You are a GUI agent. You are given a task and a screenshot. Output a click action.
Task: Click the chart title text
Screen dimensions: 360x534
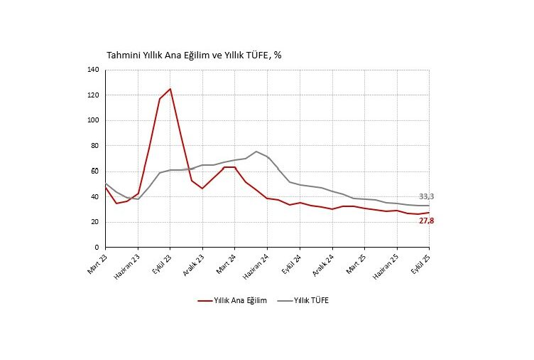pyautogui.click(x=194, y=55)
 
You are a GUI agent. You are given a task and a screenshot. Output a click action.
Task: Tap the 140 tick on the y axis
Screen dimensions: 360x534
pyautogui.click(x=93, y=70)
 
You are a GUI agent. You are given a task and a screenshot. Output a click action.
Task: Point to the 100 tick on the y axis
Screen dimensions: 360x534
pyautogui.click(x=93, y=120)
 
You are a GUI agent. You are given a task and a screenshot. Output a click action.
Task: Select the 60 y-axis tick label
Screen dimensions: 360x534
pyautogui.click(x=95, y=171)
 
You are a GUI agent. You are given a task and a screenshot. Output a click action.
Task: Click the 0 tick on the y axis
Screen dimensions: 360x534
pyautogui.click(x=97, y=248)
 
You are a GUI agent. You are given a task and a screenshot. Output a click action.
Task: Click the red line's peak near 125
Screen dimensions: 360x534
pyautogui.click(x=170, y=89)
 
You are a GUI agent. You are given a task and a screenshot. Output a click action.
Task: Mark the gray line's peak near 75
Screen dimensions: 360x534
pyautogui.click(x=256, y=152)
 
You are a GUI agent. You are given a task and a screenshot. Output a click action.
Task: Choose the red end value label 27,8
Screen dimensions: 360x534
pyautogui.click(x=427, y=221)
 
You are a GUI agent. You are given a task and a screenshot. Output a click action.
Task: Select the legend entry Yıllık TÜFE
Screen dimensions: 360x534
pyautogui.click(x=311, y=301)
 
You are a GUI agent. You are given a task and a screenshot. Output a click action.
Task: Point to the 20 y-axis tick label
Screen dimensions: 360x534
pyautogui.click(x=95, y=222)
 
